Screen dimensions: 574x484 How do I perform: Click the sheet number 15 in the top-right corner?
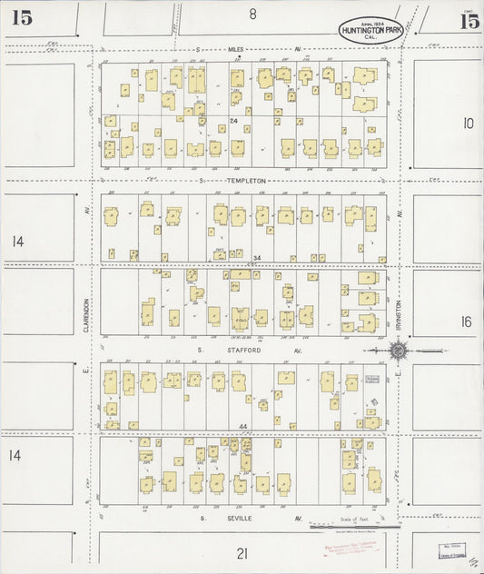click(469, 22)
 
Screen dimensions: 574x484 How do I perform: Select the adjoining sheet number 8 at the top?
click(253, 14)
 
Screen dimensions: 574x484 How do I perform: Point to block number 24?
click(233, 121)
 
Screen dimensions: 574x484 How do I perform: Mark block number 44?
click(243, 426)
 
